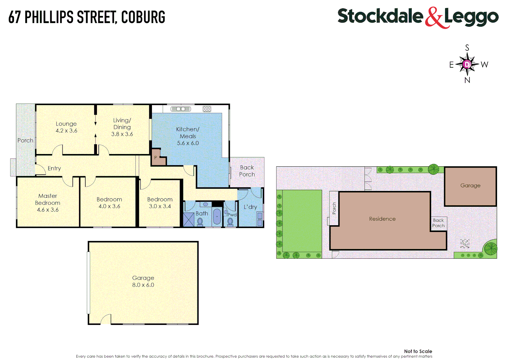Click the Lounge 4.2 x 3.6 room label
(66, 127)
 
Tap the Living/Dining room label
(122, 127)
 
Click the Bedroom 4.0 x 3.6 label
(109, 203)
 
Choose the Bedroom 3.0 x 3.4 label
(160, 203)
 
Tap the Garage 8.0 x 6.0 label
(143, 281)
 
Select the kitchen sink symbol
(181, 109)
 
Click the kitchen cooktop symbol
(207, 109)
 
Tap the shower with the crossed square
(189, 219)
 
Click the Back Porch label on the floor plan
(247, 171)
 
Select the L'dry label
(250, 207)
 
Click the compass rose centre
(467, 64)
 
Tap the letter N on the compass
(467, 80)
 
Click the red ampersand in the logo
(434, 17)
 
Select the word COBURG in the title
(143, 17)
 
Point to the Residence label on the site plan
(382, 219)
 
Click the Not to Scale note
(418, 351)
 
